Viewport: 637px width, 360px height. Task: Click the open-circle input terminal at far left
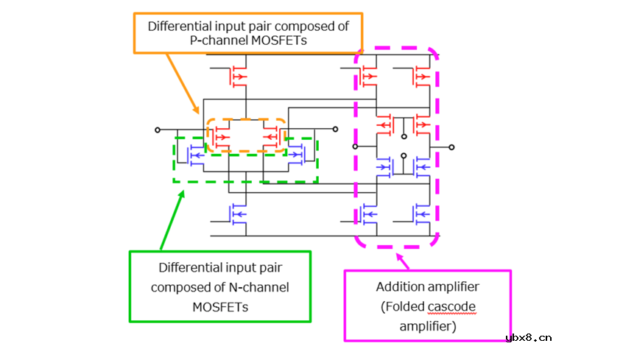(x=158, y=130)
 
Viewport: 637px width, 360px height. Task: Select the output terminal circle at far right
(x=451, y=147)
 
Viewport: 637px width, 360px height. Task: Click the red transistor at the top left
(x=237, y=76)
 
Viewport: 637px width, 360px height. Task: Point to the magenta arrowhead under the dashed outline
(x=401, y=258)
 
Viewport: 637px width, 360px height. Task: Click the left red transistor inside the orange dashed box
(x=222, y=136)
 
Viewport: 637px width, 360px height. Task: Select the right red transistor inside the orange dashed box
(x=272, y=136)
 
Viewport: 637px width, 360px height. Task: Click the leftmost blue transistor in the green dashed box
(x=196, y=155)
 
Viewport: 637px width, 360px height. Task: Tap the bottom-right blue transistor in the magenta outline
(x=420, y=213)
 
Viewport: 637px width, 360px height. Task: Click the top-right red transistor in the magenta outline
(x=420, y=76)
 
